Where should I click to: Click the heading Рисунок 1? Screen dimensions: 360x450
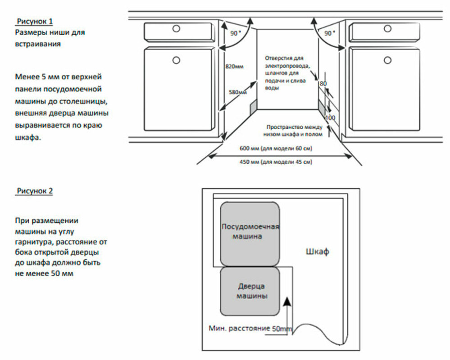[x=35, y=21]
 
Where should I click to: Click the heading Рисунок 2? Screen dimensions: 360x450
[x=35, y=191]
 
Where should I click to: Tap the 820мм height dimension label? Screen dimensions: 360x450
[x=234, y=67]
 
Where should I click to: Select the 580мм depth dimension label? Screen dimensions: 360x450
[x=238, y=92]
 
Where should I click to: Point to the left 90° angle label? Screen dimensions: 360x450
[x=236, y=33]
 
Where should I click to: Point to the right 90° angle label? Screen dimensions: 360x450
[x=330, y=33]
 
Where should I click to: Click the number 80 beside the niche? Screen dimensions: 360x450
[x=323, y=84]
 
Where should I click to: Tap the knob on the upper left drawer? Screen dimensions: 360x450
[x=176, y=29]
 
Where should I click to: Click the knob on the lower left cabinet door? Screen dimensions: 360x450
[x=176, y=59]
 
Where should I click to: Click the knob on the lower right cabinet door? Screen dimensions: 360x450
[x=388, y=59]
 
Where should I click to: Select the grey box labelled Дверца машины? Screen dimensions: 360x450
[x=250, y=291]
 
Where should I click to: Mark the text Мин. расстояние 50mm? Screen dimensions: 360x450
[x=250, y=328]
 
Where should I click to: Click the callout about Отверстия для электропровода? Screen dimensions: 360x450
[x=284, y=73]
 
